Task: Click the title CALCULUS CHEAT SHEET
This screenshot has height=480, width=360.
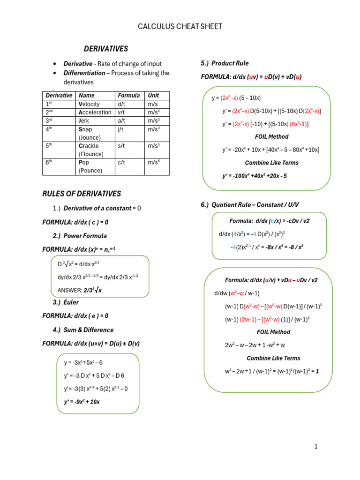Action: pos(180,27)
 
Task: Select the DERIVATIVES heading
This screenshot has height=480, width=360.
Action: pos(105,49)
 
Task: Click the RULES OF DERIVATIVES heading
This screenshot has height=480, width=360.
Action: pos(82,194)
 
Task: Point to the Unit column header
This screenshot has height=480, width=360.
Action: pos(153,95)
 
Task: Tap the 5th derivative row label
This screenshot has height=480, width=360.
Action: pos(50,145)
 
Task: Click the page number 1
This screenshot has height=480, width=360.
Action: pos(316,447)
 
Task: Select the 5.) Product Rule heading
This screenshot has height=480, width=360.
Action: pos(225,63)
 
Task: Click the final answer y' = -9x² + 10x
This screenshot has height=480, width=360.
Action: pos(82,402)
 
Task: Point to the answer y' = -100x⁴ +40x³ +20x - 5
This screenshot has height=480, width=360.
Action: pos(255,176)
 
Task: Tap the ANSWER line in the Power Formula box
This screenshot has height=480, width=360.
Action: pos(80,290)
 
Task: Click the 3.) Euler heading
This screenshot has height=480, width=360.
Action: pos(66,302)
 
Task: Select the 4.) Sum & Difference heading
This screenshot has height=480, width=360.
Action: pos(83,330)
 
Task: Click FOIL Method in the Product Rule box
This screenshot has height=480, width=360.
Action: pos(271,136)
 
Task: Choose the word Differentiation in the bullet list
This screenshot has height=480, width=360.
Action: pos(84,73)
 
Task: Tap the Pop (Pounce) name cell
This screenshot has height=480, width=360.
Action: pos(90,166)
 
